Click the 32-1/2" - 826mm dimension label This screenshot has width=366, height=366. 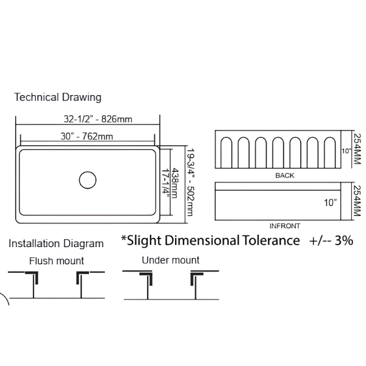pos(98,120)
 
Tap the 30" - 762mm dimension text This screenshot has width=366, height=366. pos(87,136)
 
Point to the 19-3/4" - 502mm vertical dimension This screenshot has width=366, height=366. pos(190,182)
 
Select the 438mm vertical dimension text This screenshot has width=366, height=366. pos(174,183)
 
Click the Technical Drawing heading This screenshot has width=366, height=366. pos(58,98)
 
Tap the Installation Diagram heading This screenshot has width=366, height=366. pos(56,243)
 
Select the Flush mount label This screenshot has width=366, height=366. pos(57,260)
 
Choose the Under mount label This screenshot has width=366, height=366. pos(171,260)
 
